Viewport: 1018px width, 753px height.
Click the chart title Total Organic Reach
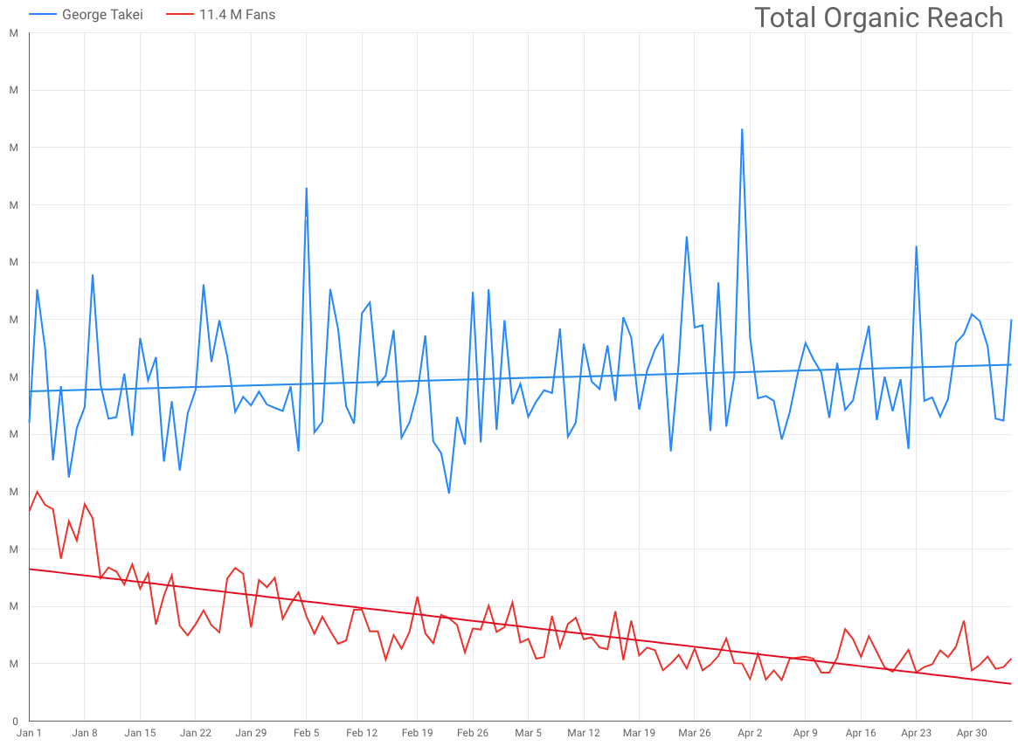coord(878,17)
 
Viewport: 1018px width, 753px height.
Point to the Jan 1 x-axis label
coord(29,733)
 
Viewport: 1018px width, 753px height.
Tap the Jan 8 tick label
coord(85,733)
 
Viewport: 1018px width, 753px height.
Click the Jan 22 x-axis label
coord(196,733)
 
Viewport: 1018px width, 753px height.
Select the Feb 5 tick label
coord(306,733)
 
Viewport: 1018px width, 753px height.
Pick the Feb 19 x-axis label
coord(417,733)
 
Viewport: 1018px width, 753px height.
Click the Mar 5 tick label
coord(528,733)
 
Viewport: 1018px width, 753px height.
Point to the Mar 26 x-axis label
coord(694,733)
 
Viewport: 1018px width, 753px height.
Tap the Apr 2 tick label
coord(750,733)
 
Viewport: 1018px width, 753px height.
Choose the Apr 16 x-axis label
coord(861,733)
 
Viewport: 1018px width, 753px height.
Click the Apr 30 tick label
coord(972,733)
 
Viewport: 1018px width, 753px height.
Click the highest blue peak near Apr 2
coord(742,129)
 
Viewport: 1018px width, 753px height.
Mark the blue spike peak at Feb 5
coord(306,188)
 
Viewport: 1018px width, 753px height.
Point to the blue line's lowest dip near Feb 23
coord(449,493)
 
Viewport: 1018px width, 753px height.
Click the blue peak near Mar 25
coord(687,237)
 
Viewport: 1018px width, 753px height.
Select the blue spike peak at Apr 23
coord(916,246)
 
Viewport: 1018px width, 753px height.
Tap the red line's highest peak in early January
coord(37,492)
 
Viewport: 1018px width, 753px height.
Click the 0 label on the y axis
coord(14,721)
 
